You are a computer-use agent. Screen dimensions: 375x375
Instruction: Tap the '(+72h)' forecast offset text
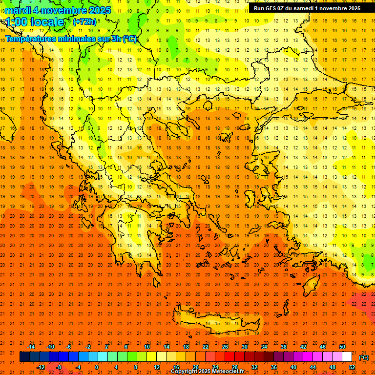click(x=84, y=21)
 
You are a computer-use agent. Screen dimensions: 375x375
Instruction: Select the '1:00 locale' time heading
click(x=35, y=22)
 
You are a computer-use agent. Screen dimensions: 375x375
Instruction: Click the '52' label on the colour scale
click(x=352, y=367)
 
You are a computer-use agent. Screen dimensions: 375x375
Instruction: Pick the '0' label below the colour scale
click(x=96, y=367)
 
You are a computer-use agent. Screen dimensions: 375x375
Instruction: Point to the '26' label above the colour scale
click(x=225, y=347)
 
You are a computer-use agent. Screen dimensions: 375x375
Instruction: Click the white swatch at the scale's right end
click(x=347, y=357)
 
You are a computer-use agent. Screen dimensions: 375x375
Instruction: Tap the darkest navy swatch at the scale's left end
click(x=24, y=357)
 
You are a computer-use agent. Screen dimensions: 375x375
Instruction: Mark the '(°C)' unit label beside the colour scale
click(x=364, y=357)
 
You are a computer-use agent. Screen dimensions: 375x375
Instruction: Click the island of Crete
click(x=220, y=323)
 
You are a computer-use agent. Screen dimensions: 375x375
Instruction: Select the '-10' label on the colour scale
click(x=50, y=347)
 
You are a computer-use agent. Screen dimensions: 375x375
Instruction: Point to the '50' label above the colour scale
click(x=342, y=347)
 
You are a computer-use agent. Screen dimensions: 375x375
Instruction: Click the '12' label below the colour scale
click(x=157, y=367)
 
